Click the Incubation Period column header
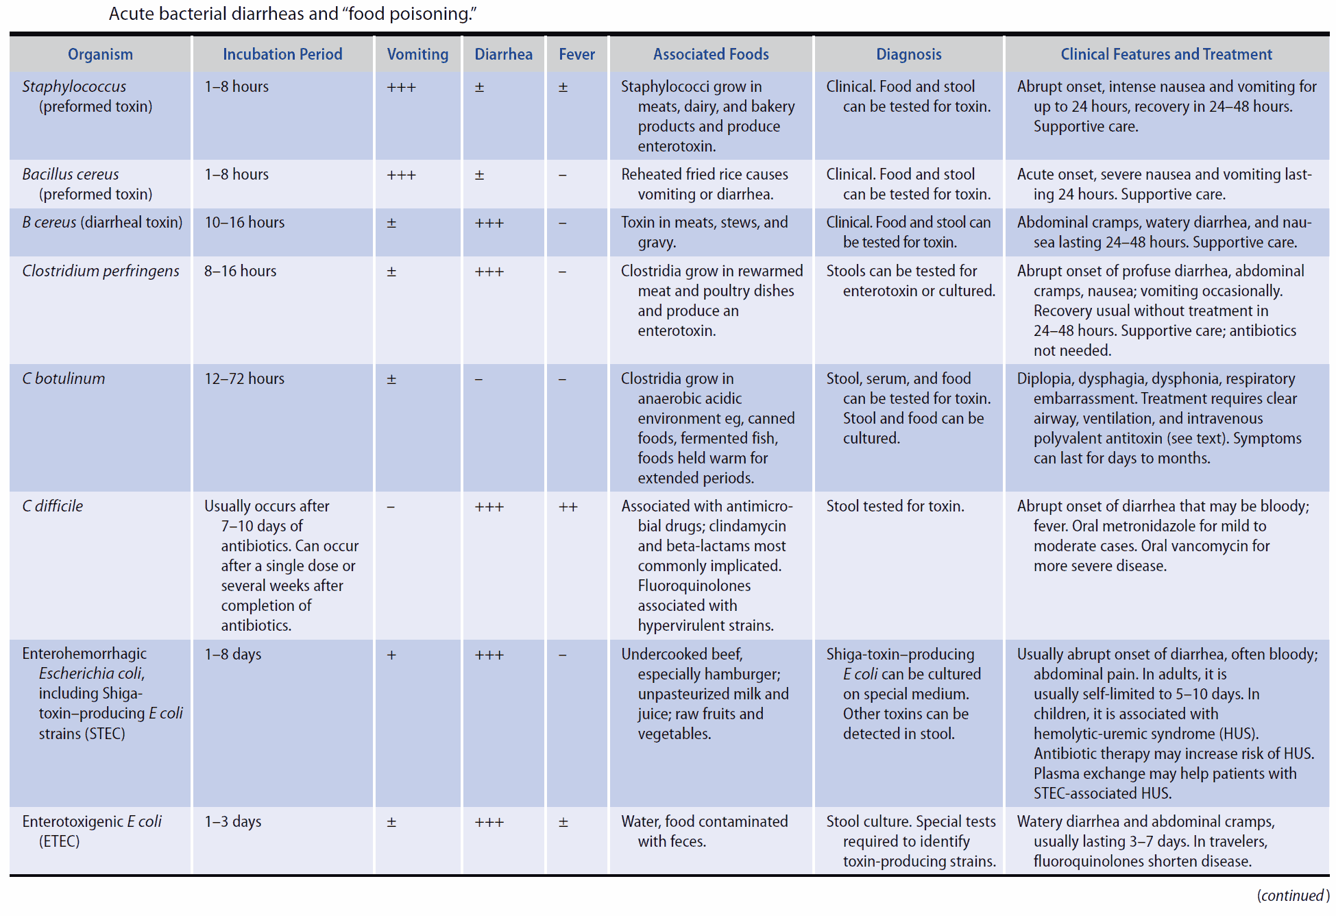[x=282, y=54]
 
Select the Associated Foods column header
[x=710, y=54]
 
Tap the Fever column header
[x=576, y=54]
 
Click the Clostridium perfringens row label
[x=101, y=271]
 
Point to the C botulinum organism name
[x=64, y=378]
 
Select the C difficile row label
[x=53, y=506]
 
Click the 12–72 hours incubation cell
[x=244, y=378]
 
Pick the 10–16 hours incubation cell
[x=244, y=222]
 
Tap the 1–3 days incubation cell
[x=232, y=821]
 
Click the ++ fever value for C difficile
[x=568, y=507]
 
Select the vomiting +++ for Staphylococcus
[x=401, y=87]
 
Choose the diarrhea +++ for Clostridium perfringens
[x=489, y=272]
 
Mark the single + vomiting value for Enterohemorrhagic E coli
[x=391, y=655]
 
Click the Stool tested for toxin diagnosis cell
[x=895, y=506]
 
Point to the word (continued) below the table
[x=1291, y=895]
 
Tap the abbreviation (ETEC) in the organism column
[x=59, y=841]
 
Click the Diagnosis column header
[x=908, y=54]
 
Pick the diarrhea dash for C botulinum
[x=478, y=379]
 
